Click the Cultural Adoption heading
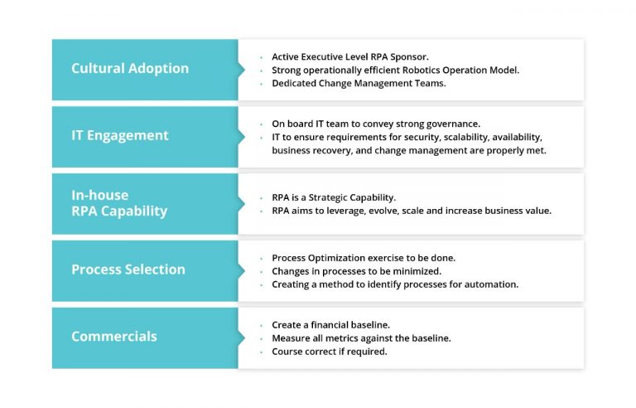(129, 69)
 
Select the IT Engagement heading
(120, 136)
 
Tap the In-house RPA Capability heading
(119, 203)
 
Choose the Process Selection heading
(128, 270)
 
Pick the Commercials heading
(114, 337)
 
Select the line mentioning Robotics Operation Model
(395, 70)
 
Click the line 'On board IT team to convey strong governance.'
(375, 124)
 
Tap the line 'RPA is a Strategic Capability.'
(334, 197)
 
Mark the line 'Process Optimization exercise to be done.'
(364, 258)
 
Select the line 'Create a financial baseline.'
(330, 324)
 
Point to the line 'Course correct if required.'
(330, 351)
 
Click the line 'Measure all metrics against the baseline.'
(361, 338)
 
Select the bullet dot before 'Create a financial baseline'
(260, 325)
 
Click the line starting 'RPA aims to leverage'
(412, 211)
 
